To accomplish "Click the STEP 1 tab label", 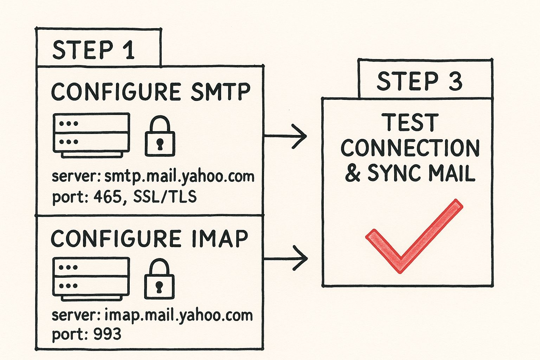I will (x=94, y=50).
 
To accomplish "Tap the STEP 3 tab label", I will (x=419, y=81).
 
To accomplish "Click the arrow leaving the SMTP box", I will (x=285, y=136).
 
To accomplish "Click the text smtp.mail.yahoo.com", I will (x=179, y=176).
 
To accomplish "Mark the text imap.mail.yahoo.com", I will (x=179, y=315).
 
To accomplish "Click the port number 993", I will (x=107, y=334).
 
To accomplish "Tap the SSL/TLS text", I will (x=165, y=197).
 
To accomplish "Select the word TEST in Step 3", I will (x=410, y=123).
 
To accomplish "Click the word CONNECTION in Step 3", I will (x=410, y=148).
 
